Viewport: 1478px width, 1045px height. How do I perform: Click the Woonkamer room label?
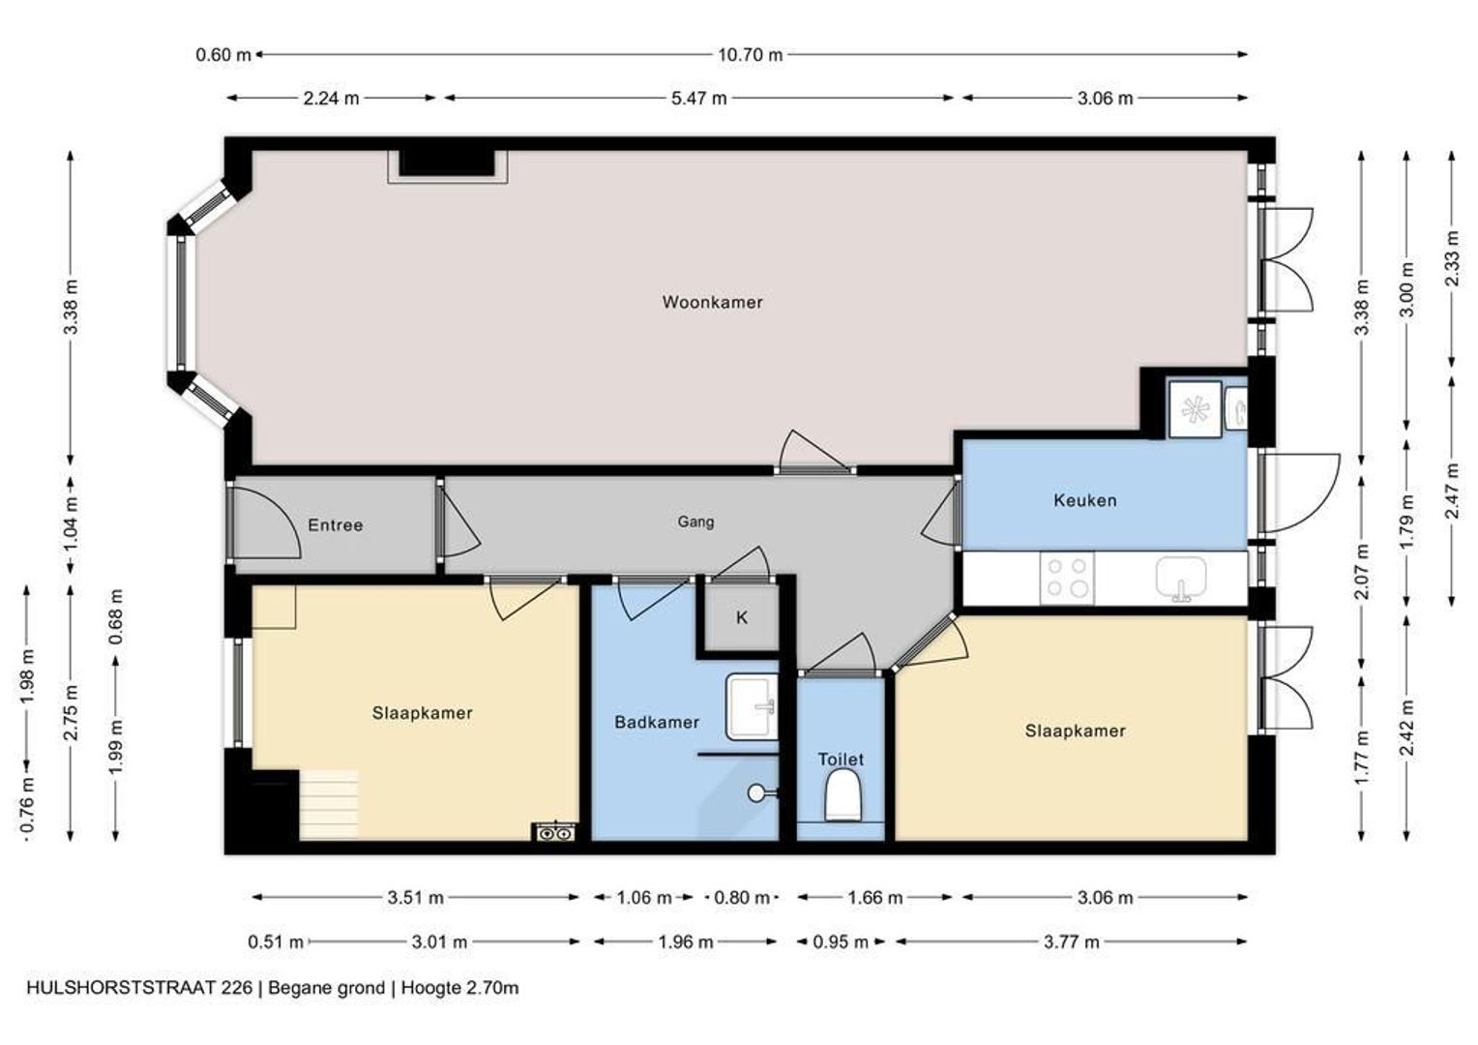click(712, 302)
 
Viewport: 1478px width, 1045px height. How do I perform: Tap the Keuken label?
click(1084, 500)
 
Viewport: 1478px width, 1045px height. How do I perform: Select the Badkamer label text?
click(657, 722)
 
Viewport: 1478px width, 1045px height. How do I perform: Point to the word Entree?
click(336, 525)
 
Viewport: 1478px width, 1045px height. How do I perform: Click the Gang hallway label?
click(695, 522)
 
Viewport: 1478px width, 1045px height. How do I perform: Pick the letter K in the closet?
click(742, 618)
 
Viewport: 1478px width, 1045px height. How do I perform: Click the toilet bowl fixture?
click(843, 795)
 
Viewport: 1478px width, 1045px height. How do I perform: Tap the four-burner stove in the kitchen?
click(1067, 578)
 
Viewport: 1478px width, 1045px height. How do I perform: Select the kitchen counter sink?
click(1181, 579)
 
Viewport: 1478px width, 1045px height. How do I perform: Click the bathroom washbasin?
click(752, 706)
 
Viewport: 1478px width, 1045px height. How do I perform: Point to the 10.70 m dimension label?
click(751, 55)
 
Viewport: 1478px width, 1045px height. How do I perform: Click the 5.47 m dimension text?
click(698, 99)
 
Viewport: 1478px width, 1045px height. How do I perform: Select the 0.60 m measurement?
click(223, 55)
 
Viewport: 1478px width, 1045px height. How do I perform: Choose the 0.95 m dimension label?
click(840, 942)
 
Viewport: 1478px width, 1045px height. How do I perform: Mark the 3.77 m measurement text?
click(1072, 942)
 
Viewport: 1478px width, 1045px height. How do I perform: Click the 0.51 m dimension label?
click(276, 942)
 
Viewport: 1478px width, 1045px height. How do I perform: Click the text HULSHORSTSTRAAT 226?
click(139, 988)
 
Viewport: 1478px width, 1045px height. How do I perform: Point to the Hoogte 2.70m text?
click(459, 988)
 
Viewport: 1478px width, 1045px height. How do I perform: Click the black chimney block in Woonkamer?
click(447, 164)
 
